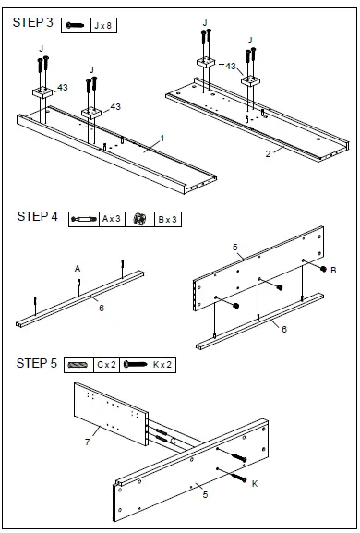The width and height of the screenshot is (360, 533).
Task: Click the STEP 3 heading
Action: tap(33, 23)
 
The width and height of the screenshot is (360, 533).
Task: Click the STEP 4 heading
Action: tap(37, 216)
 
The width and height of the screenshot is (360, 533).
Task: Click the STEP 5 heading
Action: tap(37, 363)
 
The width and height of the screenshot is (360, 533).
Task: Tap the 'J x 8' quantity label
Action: tap(103, 26)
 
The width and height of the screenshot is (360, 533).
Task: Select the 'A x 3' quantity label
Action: tap(112, 219)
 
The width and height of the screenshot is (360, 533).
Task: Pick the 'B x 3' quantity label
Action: tap(168, 220)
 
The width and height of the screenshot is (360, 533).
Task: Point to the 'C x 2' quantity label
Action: tap(106, 365)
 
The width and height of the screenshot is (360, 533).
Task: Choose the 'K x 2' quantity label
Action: tap(162, 365)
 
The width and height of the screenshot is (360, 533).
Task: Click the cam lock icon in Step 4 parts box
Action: tap(139, 219)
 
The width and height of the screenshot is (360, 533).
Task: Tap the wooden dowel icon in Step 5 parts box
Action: tap(78, 365)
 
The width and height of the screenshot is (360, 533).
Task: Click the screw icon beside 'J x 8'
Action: tap(75, 25)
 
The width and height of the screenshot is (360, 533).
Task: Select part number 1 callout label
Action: tap(162, 139)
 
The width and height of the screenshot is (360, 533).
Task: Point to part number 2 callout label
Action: tap(268, 154)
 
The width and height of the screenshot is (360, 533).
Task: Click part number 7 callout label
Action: tap(88, 442)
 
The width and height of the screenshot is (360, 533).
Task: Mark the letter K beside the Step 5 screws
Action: tap(255, 483)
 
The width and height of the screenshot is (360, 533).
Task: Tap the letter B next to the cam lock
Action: tap(333, 271)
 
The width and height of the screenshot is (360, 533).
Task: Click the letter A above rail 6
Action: tap(78, 269)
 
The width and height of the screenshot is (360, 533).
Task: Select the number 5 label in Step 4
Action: tap(235, 248)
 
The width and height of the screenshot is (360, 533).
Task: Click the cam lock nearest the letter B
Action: tap(323, 269)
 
